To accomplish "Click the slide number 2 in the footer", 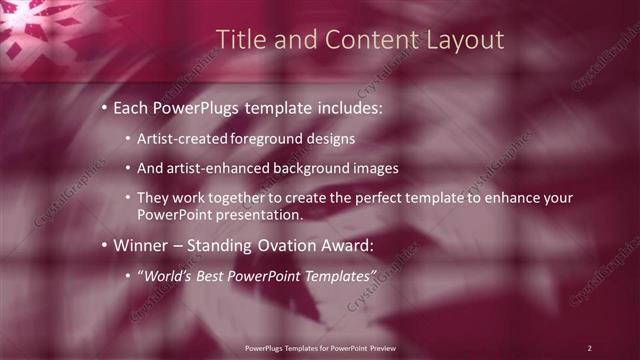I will pos(590,347).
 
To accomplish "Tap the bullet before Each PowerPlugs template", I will pos(105,107).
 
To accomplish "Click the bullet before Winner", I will pos(105,244).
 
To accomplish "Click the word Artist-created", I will pos(181,138).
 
